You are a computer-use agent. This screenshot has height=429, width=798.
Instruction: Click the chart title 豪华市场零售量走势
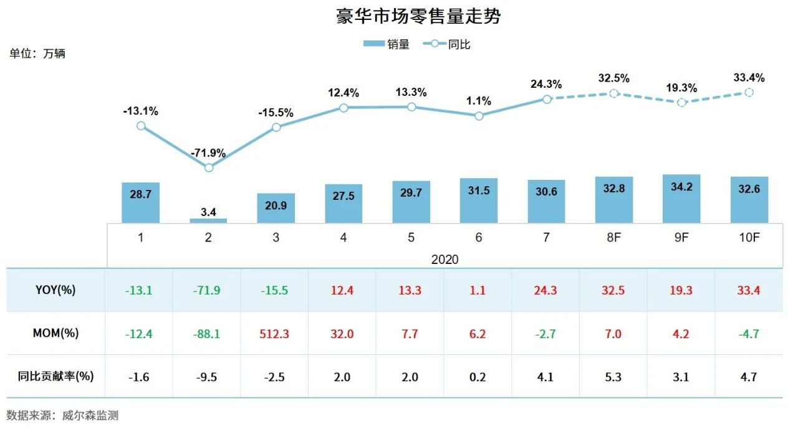[418, 16]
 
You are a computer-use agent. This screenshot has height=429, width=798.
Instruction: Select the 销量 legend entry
[386, 44]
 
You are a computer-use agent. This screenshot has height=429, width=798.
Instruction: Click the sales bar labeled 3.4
[208, 220]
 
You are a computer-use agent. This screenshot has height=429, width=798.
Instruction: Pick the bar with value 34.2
[681, 199]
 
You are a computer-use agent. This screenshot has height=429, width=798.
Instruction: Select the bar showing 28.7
[140, 203]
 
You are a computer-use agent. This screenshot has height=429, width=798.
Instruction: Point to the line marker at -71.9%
[209, 167]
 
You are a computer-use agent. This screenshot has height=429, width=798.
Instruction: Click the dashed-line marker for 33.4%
[749, 92]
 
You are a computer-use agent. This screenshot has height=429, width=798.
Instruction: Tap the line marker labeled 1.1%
[479, 116]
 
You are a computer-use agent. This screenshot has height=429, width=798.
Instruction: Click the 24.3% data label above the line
[546, 84]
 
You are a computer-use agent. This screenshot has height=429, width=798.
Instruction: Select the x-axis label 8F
[613, 237]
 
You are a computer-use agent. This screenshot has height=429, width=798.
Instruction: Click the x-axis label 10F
[749, 237]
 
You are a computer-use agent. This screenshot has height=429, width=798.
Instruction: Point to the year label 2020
[445, 258]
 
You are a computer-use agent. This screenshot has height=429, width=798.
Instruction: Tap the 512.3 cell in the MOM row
[276, 334]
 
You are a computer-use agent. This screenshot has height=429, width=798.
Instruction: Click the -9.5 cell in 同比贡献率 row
[208, 376]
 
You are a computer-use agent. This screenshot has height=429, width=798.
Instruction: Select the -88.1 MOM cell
[208, 334]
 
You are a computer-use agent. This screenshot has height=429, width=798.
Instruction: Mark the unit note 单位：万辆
[37, 54]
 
